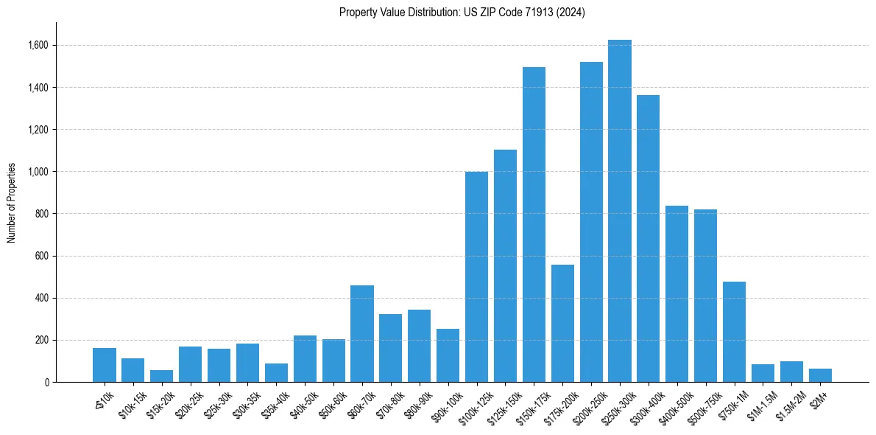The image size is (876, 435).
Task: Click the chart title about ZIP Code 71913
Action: click(462, 13)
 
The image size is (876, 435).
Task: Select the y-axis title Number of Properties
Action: click(11, 203)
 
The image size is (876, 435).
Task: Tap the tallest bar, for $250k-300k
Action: click(620, 211)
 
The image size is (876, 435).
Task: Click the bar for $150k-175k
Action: click(534, 225)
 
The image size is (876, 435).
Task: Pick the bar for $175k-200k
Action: click(562, 323)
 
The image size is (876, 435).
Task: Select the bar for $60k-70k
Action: click(362, 333)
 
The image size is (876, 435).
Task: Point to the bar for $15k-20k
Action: click(161, 376)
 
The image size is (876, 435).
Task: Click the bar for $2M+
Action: click(820, 375)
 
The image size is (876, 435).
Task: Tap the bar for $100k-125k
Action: click(476, 277)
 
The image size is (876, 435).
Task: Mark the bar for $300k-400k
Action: click(649, 239)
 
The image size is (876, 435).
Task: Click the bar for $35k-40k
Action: click(276, 372)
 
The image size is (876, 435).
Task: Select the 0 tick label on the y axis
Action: click(46, 383)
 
